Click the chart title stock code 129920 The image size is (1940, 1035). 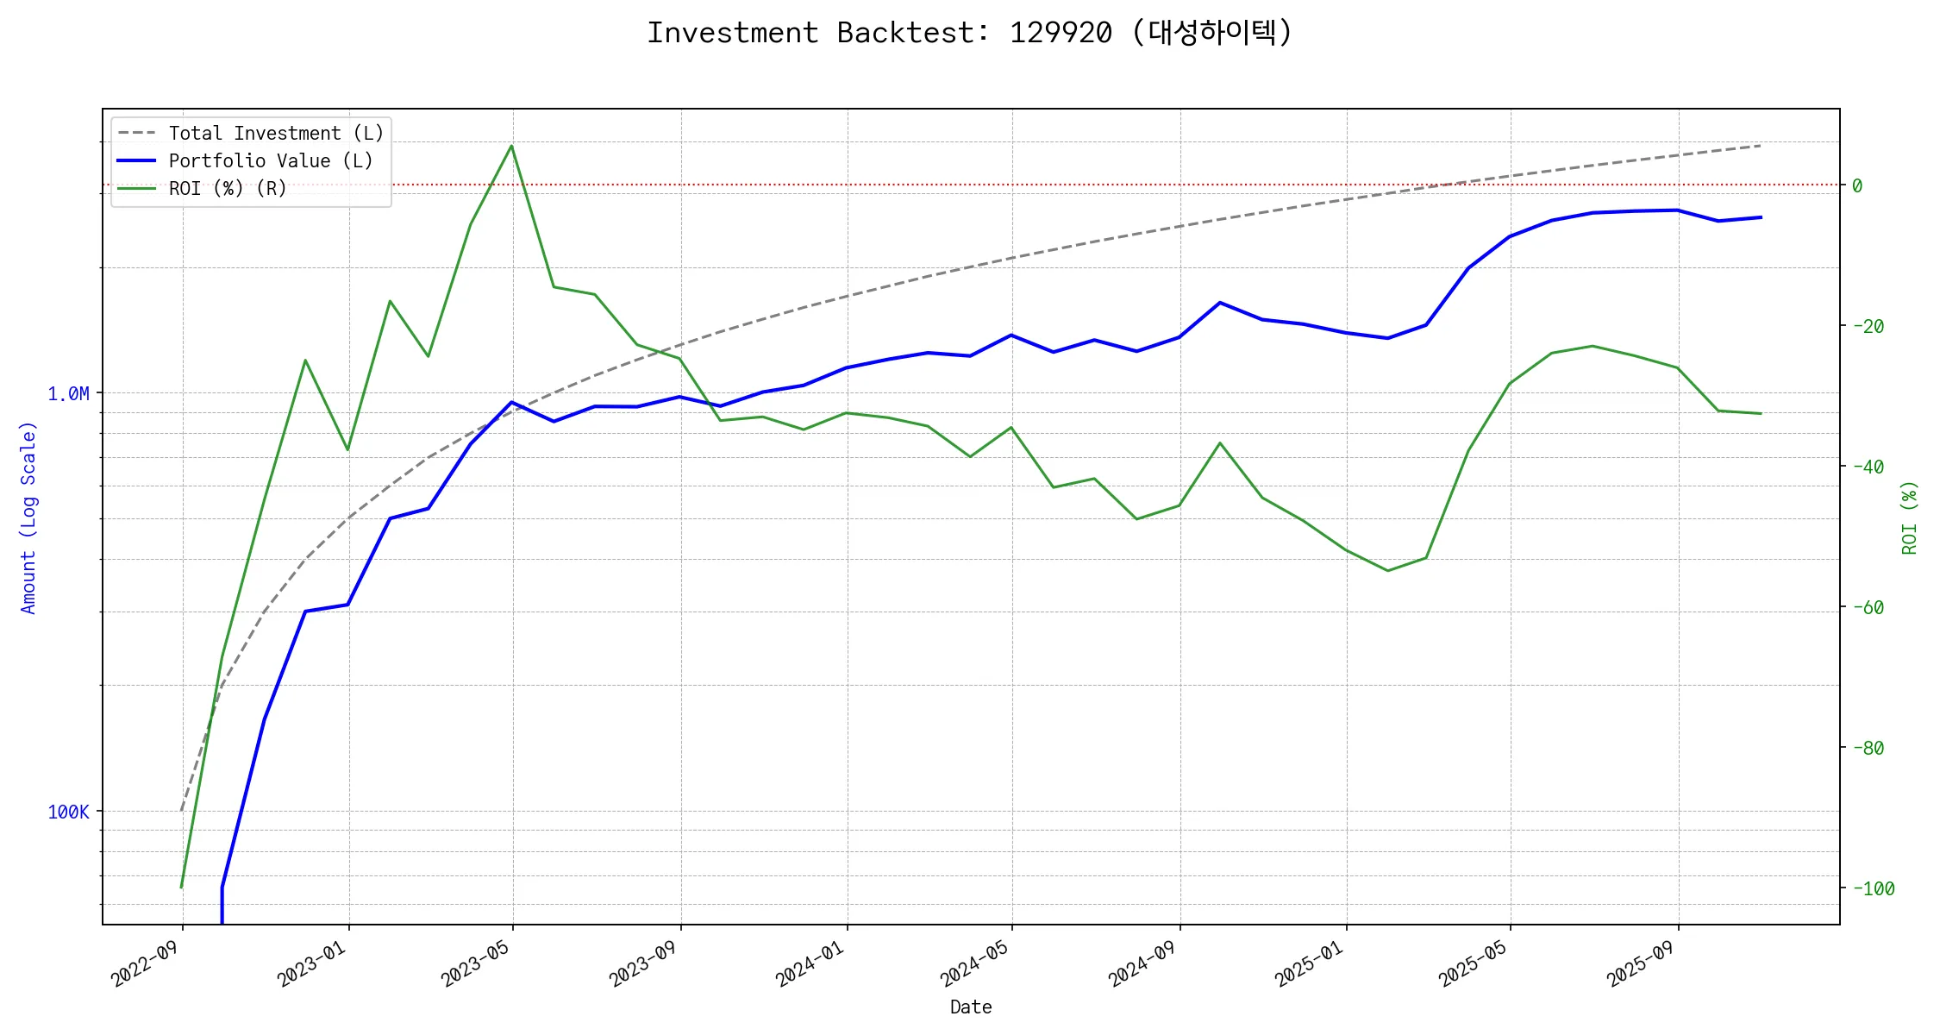click(1060, 33)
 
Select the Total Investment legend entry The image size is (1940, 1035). click(275, 134)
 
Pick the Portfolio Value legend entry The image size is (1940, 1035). click(270, 161)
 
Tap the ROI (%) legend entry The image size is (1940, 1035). click(227, 189)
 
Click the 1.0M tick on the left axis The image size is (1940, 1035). click(68, 394)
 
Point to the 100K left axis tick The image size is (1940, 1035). click(68, 812)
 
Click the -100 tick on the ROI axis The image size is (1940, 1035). click(1874, 889)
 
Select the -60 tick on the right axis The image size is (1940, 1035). click(1868, 608)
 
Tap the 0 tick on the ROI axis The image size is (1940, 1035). click(1857, 186)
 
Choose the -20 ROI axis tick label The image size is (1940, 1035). click(1868, 327)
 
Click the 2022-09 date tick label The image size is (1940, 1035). click(145, 963)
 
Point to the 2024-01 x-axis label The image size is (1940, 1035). click(810, 963)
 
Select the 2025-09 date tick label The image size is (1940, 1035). click(1641, 963)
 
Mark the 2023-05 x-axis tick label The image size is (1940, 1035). click(476, 963)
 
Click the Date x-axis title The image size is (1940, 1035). click(971, 1007)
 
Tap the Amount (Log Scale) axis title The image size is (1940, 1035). click(28, 517)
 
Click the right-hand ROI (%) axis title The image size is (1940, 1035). click(1910, 517)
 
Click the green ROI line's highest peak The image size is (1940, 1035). click(512, 146)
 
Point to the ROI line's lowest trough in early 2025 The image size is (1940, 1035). click(1387, 571)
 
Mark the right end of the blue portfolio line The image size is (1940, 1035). click(1761, 217)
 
